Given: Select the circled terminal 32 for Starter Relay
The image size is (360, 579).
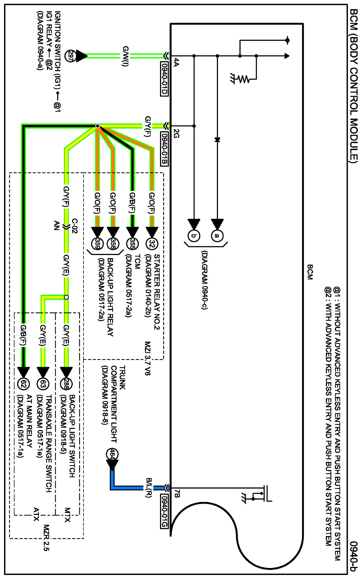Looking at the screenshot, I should coord(152,243).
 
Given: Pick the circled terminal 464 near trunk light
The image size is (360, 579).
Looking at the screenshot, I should coord(112,454).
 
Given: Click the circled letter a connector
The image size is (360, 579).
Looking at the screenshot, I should coord(217,235).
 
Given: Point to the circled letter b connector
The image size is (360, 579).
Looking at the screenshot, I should coord(194,235).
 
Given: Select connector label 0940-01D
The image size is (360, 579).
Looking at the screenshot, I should coord(164,79).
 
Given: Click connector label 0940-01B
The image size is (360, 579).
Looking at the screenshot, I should coord(164,149).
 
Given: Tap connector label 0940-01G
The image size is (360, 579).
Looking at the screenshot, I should coord(164,511).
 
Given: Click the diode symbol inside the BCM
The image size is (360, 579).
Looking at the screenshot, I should coord(217,140).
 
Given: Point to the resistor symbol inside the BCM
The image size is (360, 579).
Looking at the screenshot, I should coord(243,79).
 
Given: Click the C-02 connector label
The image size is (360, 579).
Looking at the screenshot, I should coord(74,226).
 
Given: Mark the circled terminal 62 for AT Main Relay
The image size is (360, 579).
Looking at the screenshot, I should coord(23,384).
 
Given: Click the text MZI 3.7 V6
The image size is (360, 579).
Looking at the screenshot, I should coord(148,358).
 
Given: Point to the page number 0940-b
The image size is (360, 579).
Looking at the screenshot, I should coord(354,557).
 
